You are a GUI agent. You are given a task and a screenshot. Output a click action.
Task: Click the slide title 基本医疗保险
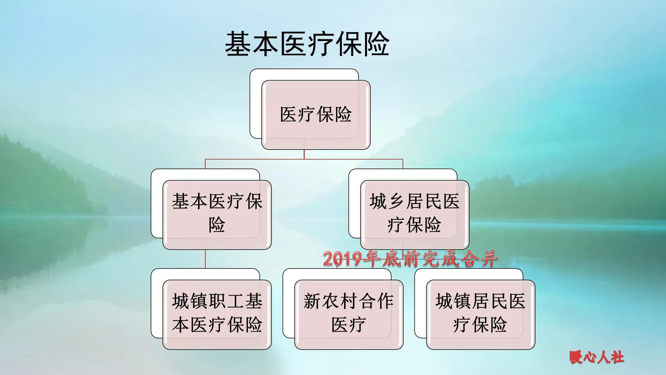tap(307, 44)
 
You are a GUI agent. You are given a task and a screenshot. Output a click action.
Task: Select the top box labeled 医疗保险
tap(316, 115)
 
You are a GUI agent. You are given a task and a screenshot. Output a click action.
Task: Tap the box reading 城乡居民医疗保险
tap(415, 214)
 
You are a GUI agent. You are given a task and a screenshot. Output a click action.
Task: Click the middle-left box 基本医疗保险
tap(217, 214)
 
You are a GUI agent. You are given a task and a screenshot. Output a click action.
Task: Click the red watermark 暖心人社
tap(597, 357)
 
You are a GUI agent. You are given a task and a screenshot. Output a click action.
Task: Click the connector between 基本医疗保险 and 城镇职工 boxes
tap(205, 259)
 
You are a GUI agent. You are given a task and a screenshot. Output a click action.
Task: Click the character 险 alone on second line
tap(217, 225)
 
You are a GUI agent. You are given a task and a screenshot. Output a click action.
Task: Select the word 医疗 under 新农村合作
tap(349, 325)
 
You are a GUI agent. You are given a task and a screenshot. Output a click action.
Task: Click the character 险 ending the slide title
tap(376, 44)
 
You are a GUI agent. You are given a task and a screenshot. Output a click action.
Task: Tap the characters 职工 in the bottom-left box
tap(226, 301)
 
